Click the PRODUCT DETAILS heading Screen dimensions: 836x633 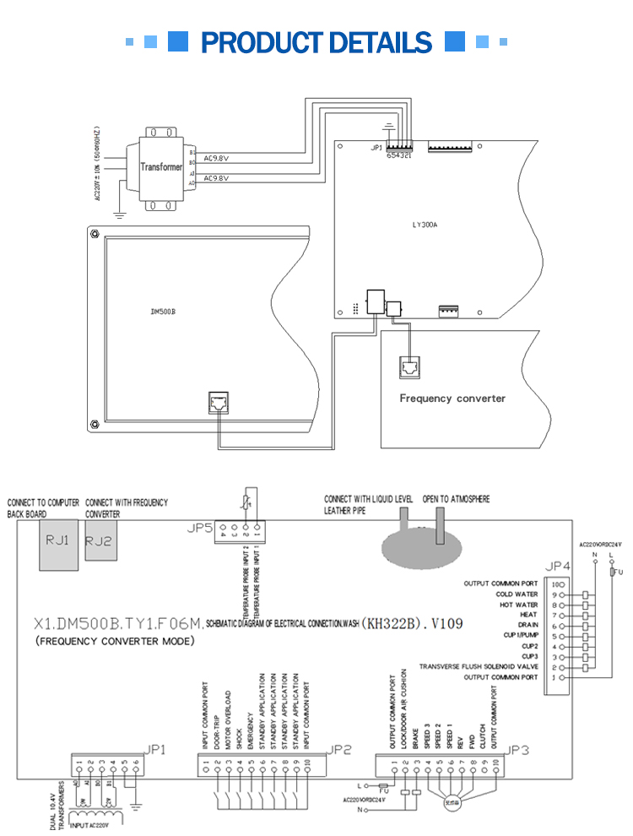[316, 41]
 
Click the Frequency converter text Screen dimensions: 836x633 [452, 398]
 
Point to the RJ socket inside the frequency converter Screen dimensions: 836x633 [408, 367]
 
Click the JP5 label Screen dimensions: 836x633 [198, 529]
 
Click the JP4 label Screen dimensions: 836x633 [559, 566]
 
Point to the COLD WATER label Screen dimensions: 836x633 [517, 594]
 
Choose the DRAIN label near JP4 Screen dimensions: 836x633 [528, 625]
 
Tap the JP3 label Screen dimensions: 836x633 [517, 749]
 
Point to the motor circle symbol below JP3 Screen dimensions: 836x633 [450, 802]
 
